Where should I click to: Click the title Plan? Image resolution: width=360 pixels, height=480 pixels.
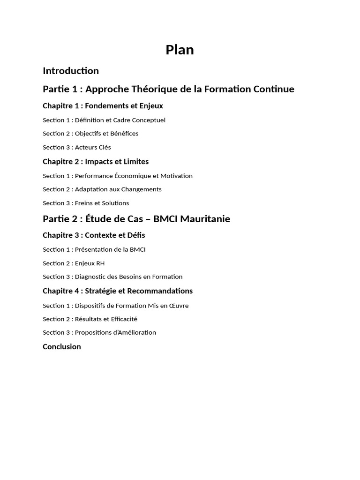(x=180, y=50)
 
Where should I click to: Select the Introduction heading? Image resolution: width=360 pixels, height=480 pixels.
(x=71, y=71)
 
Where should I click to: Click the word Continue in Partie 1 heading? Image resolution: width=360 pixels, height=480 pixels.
(x=274, y=89)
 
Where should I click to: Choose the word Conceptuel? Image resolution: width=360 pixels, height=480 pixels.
(x=149, y=120)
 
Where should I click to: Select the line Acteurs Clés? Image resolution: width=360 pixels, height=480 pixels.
(x=93, y=147)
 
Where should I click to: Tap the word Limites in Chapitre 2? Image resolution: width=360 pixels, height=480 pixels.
(x=136, y=162)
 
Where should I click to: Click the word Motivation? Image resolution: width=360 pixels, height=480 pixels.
(x=176, y=176)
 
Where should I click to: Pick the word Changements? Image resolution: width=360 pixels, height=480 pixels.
(x=142, y=189)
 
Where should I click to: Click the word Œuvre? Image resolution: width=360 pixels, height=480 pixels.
(x=178, y=306)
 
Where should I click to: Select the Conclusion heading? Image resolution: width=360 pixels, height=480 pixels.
(x=62, y=347)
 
